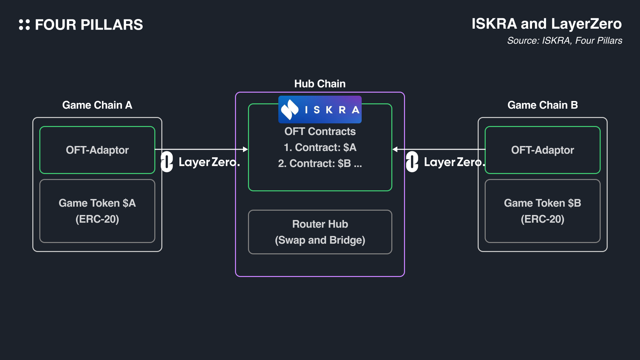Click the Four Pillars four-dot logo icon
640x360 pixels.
(x=24, y=25)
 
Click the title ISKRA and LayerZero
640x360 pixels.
(x=546, y=24)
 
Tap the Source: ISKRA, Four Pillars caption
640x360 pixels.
(x=564, y=41)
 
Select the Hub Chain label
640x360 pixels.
(x=320, y=84)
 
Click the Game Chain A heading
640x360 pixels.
(x=97, y=105)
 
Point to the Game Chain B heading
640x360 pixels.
(x=542, y=105)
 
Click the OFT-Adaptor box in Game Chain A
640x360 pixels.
(x=97, y=150)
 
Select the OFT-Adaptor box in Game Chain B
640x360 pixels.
(x=542, y=150)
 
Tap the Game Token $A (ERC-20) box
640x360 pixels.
(x=97, y=211)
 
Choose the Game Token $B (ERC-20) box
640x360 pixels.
(x=542, y=211)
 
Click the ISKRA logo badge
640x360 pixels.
(x=320, y=109)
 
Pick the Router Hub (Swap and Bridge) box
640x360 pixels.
(x=320, y=232)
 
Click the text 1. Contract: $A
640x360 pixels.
(x=320, y=147)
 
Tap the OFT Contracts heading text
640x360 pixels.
(x=320, y=131)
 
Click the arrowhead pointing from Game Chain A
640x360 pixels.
(x=245, y=149)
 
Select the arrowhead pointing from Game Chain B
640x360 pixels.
(x=395, y=149)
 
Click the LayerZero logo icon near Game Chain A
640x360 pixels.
(x=167, y=162)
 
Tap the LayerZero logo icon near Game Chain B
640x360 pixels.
(x=412, y=162)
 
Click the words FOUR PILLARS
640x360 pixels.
(x=89, y=25)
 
